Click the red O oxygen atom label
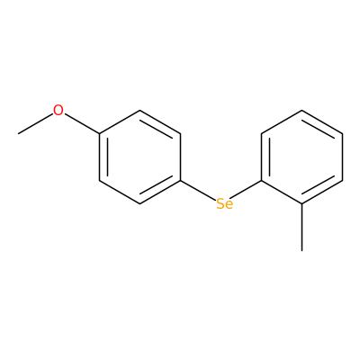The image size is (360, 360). tap(58, 110)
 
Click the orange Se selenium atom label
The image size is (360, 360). tap(224, 204)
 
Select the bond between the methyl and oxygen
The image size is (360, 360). tap(35, 123)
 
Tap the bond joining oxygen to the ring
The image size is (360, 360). tap(82, 123)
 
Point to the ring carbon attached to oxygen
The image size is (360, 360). tap(100, 134)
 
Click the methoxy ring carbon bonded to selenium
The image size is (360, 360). tap(181, 181)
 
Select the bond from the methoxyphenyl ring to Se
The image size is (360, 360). tap(199, 191)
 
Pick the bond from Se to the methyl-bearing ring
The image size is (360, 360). tap(246, 190)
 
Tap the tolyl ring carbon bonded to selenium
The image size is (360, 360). tap(261, 181)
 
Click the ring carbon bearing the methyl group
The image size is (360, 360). tap(301, 204)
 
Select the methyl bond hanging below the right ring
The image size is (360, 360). tap(301, 227)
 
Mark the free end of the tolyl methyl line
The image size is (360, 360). tap(301, 250)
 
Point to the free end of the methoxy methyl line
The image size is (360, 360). tap(18, 134)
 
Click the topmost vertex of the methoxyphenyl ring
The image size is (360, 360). tap(140, 111)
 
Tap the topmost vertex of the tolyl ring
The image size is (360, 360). tap(301, 111)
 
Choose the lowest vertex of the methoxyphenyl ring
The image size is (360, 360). tap(140, 204)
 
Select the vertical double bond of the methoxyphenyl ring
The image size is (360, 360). tap(102, 157)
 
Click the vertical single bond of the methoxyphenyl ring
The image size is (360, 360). tap(181, 157)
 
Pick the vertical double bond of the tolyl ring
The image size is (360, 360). tap(264, 157)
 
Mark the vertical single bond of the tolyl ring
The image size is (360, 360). tap(342, 157)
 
